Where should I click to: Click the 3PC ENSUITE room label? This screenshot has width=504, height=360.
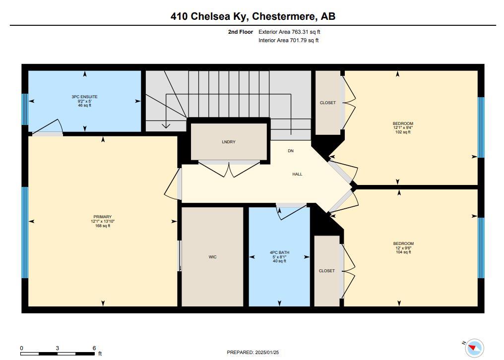tap(84, 97)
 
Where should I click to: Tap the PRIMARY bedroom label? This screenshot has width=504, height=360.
tap(103, 217)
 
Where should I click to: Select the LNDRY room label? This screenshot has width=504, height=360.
tap(229, 142)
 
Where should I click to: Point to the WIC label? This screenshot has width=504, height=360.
tap(212, 257)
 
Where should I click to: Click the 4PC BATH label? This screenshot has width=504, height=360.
tap(279, 252)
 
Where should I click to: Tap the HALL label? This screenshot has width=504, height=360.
tap(297, 174)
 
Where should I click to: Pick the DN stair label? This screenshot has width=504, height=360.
tap(291, 151)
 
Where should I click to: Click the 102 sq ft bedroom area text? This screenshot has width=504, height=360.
tap(403, 132)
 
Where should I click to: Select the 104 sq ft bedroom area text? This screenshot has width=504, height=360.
tap(403, 252)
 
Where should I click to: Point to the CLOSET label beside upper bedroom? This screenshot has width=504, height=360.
tap(327, 103)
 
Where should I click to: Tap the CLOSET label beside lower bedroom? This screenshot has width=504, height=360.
tap(326, 271)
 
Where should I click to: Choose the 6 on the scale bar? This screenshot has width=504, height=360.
tap(94, 348)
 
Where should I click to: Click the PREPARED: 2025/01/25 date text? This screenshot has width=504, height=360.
tap(252, 353)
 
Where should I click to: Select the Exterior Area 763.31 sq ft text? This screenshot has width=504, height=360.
tap(289, 32)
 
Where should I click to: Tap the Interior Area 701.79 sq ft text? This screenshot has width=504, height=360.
tap(289, 40)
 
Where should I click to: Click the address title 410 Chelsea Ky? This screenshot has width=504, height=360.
tap(209, 16)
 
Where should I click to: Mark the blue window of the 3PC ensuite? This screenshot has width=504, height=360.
tap(25, 109)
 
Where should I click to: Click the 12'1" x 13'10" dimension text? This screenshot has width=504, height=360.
tap(103, 222)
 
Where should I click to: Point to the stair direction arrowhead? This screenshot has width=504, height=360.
tap(166, 125)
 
